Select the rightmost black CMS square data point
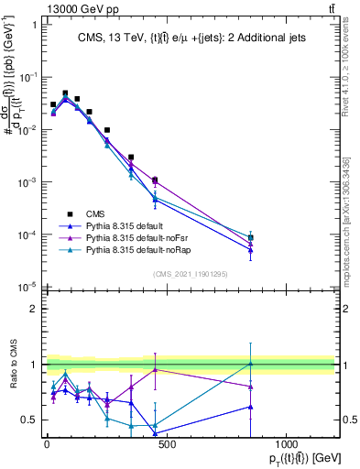(x=250, y=238)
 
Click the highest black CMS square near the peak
(x=65, y=93)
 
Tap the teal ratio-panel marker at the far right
(x=250, y=364)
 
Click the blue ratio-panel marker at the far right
(x=250, y=406)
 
